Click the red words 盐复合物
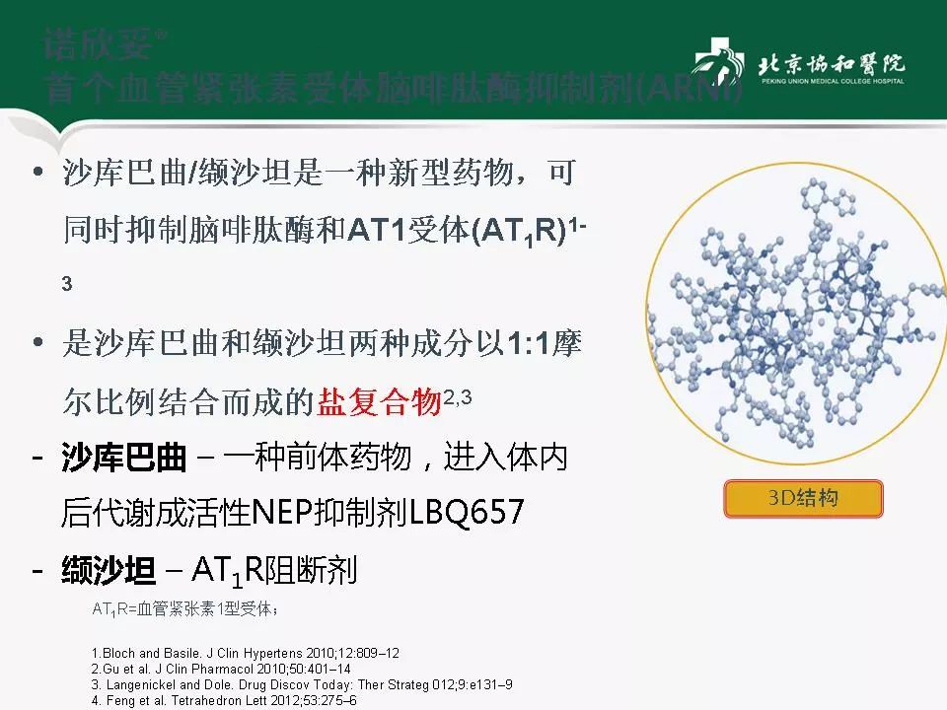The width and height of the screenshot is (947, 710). tap(379, 402)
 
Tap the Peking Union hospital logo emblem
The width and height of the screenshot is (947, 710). tap(717, 67)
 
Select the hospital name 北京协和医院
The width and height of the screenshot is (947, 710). tap(831, 64)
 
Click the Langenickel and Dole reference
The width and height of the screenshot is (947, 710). tap(301, 684)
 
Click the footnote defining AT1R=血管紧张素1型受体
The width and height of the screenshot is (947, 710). tap(185, 609)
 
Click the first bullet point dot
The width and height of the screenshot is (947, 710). tap(38, 175)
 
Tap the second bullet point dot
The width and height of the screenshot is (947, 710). tap(38, 344)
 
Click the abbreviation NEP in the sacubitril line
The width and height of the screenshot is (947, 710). tap(282, 513)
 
